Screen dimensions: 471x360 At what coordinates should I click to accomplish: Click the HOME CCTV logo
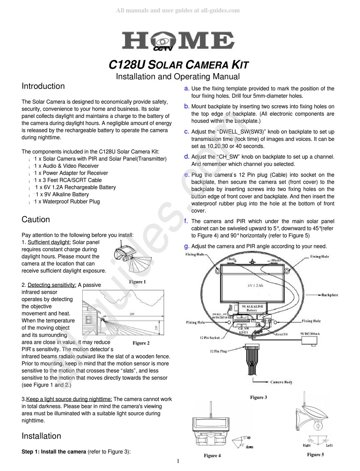coord(177,41)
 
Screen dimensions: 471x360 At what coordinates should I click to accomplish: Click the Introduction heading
coord(43,86)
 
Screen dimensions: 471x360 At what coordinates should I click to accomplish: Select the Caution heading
coord(36,220)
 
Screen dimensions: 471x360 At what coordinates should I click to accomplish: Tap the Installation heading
coord(41,436)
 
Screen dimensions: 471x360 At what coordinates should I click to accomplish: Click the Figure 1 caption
coord(137,282)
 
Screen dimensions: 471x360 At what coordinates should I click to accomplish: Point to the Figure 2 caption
coord(141,343)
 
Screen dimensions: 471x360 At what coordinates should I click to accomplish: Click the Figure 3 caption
coord(258,397)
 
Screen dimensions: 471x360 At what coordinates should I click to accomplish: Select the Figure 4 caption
coord(212,455)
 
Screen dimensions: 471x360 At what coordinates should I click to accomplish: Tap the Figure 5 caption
coord(315,454)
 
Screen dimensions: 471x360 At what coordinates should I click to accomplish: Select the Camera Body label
coord(281,382)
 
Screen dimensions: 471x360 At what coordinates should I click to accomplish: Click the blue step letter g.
coord(186,246)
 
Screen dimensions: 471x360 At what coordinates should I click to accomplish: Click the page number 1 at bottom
coord(178,461)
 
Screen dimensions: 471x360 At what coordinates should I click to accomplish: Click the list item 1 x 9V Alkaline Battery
coord(62,194)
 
